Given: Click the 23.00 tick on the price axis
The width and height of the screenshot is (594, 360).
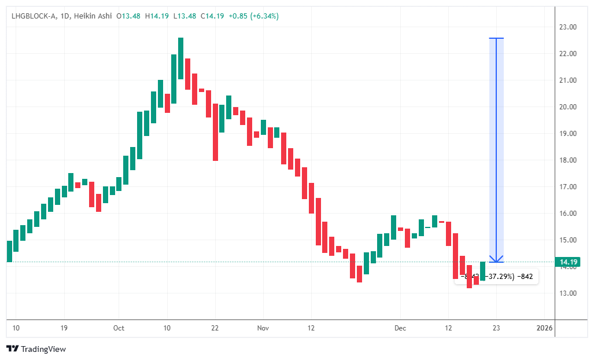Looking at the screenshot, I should coord(567,27).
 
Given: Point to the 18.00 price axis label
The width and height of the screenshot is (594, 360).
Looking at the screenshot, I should coord(567,160).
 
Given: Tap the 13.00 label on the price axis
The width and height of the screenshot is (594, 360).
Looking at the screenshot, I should coord(567,293).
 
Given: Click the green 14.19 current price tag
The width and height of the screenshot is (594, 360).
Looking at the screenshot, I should coord(567,262).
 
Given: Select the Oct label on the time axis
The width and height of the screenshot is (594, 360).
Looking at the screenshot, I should coord(119,328).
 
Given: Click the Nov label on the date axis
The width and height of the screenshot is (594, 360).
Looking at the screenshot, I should coord(263,328).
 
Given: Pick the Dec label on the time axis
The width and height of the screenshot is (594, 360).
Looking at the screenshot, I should coord(400,328).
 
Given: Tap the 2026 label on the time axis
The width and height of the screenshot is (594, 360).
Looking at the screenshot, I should coord(544,328).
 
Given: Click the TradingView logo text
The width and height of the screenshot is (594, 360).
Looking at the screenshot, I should coord(43,349).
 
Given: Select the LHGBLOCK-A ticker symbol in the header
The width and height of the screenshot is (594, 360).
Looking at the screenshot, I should coord(34,16).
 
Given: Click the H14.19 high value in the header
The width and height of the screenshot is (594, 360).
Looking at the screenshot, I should coord(158,16).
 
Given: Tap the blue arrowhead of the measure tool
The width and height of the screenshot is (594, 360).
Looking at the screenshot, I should coord(496,259).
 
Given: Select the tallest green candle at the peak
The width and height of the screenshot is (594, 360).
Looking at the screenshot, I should coord(180,58).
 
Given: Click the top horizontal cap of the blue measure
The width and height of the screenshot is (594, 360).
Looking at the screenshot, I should coord(496,38).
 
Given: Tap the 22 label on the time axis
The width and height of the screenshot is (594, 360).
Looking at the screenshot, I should coord(215,328).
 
